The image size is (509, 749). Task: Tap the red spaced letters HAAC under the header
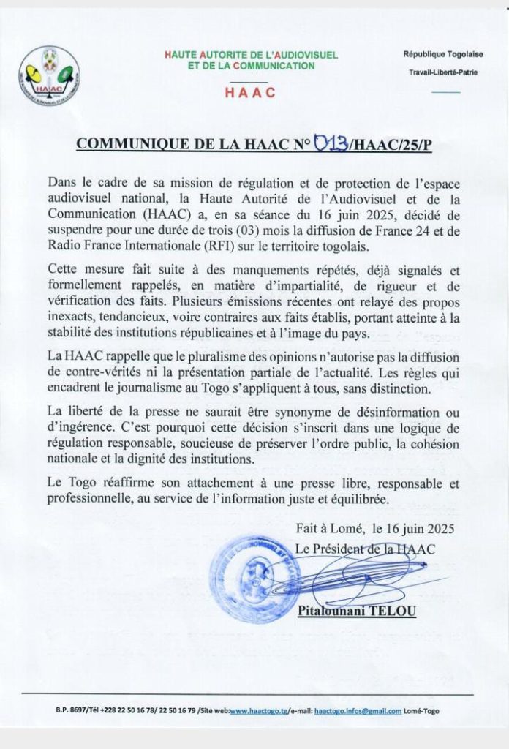pyautogui.click(x=250, y=92)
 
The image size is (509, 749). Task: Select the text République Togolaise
pyautogui.click(x=441, y=55)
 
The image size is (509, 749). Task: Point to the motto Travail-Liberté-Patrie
pyautogui.click(x=442, y=72)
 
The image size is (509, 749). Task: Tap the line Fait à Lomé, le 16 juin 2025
pyautogui.click(x=375, y=528)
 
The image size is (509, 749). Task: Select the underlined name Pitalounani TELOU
pyautogui.click(x=357, y=610)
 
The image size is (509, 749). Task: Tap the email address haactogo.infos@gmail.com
pyautogui.click(x=358, y=711)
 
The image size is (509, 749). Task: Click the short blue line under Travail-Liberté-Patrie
pyautogui.click(x=446, y=93)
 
